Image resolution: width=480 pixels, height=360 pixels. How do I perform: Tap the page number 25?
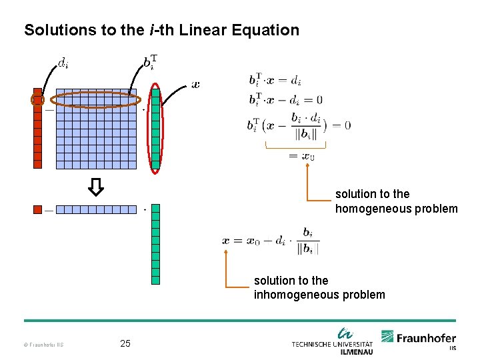coord(125,344)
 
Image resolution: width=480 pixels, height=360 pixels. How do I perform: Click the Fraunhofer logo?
coord(419,339)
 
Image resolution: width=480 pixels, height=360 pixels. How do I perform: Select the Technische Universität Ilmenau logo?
coord(331,341)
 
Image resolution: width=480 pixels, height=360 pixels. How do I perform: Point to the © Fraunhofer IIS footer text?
coord(44,345)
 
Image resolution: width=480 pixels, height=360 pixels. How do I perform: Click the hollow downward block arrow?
coord(96,187)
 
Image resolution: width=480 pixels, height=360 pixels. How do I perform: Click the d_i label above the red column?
coord(63,64)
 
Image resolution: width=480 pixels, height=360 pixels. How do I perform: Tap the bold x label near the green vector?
coord(195,85)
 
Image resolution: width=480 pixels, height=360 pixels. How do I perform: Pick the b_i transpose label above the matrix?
coord(151,64)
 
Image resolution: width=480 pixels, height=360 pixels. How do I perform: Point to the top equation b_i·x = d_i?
coord(275,81)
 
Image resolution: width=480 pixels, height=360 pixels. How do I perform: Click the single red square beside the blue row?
coord(38,210)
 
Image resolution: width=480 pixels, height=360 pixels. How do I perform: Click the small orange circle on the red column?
coord(38,100)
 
